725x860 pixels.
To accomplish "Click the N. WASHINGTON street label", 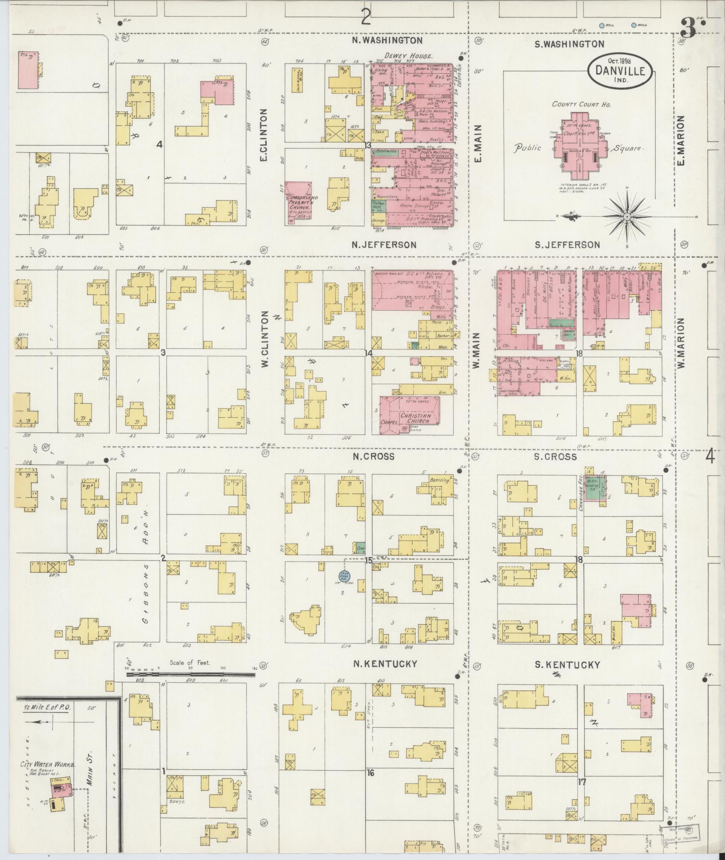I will (x=387, y=40).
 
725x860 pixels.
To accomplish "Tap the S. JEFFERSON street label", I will (x=567, y=245).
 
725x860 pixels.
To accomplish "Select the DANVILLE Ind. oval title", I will (x=620, y=71).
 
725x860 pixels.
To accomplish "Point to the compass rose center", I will (x=626, y=217).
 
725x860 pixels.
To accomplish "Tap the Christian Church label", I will (x=416, y=418).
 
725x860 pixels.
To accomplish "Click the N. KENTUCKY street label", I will (x=385, y=664).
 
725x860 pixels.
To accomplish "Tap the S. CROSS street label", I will (x=556, y=457).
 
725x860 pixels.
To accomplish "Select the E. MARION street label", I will (x=681, y=140).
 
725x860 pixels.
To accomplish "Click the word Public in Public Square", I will (x=528, y=147).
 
